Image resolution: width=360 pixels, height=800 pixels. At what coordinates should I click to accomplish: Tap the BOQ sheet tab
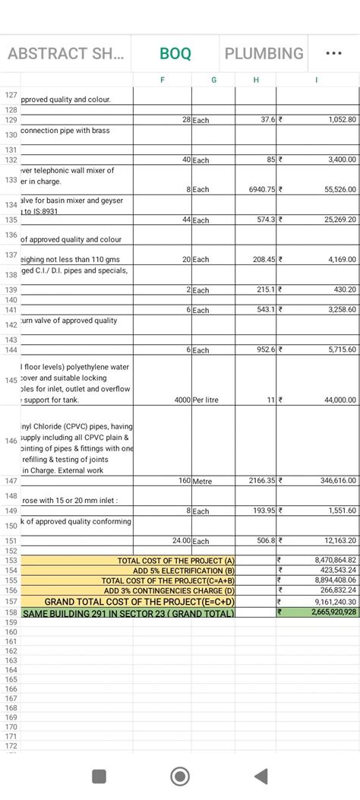click(175, 54)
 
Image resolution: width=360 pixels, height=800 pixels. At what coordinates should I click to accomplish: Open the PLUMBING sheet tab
click(264, 54)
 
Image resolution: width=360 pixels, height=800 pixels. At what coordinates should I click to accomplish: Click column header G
click(213, 80)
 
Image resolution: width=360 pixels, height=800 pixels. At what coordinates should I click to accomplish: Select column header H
click(255, 80)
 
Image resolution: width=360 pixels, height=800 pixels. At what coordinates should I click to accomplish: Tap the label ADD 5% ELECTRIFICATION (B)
click(184, 570)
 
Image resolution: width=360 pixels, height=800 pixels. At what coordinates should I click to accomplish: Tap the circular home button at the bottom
click(180, 776)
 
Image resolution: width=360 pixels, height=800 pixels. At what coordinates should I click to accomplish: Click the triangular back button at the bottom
click(261, 776)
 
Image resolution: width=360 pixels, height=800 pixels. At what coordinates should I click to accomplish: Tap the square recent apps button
click(99, 776)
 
